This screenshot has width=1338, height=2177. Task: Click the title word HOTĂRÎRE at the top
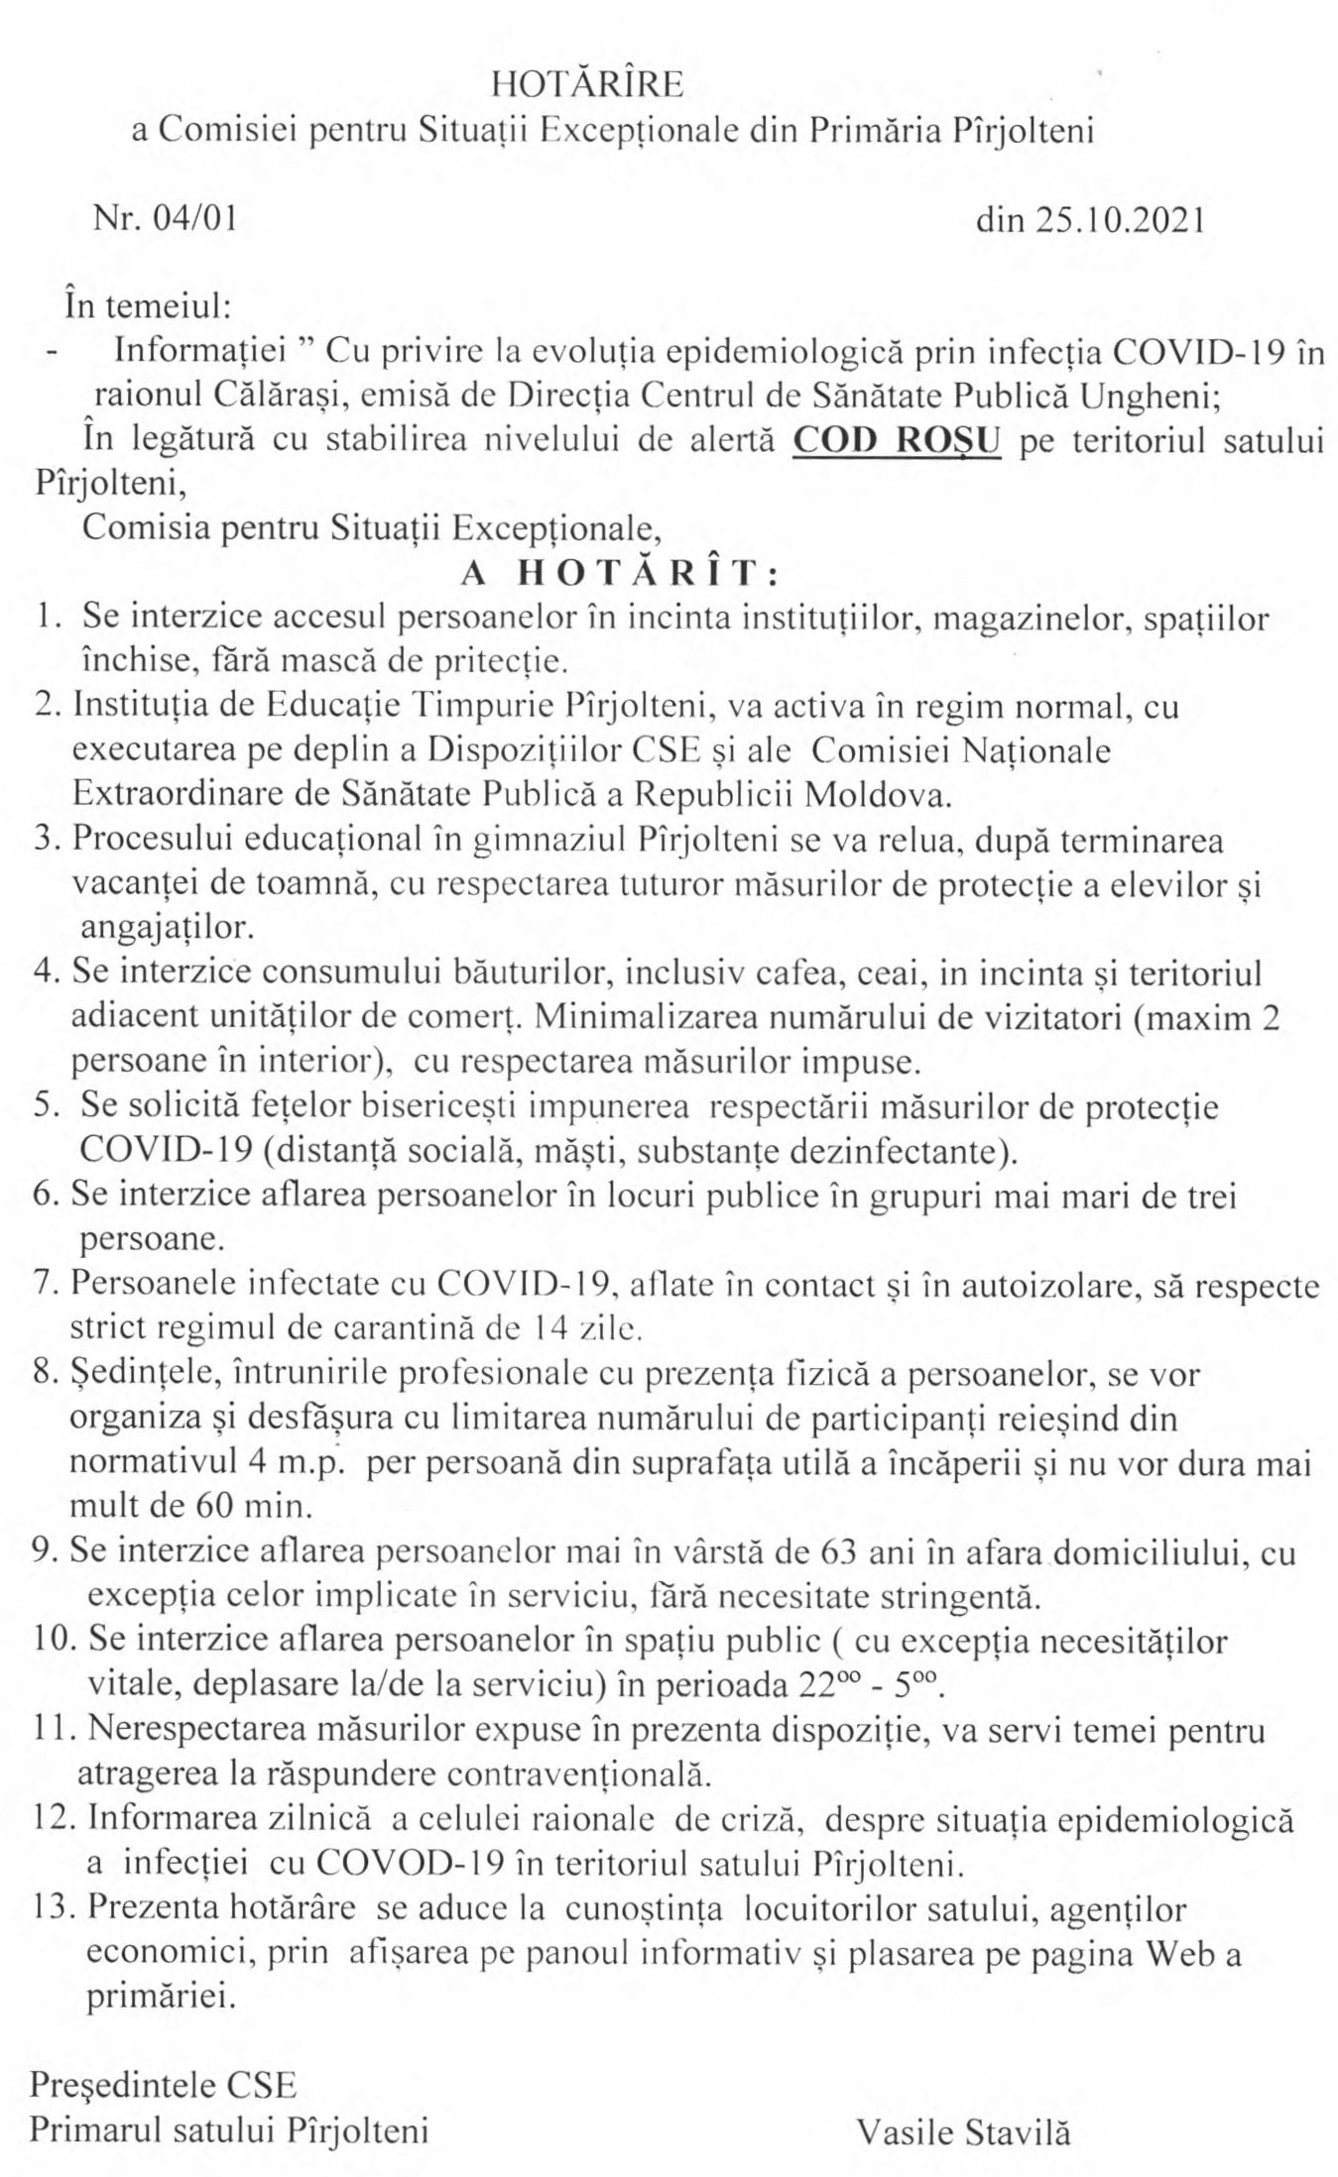(x=587, y=85)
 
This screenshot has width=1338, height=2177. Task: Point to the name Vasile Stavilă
(x=964, y=2131)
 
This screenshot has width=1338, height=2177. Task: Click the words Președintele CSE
(x=163, y=2086)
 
